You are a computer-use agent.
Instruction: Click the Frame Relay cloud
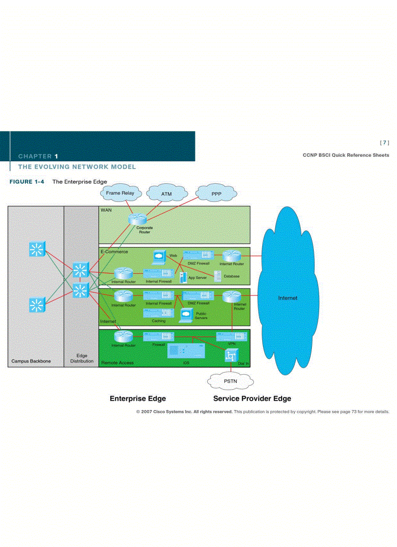120,193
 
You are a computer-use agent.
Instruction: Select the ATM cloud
166,194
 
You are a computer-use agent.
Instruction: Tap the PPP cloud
217,194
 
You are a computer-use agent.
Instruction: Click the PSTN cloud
231,381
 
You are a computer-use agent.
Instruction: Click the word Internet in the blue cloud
288,298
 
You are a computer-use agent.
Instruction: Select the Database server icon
217,276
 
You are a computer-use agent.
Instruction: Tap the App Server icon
183,278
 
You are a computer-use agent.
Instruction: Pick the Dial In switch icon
231,357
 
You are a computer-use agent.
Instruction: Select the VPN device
232,336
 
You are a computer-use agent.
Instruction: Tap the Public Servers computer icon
186,315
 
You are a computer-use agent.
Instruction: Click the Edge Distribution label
81,358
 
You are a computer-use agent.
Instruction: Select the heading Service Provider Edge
252,398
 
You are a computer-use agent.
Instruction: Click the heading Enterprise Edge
138,398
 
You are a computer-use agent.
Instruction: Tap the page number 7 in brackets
384,143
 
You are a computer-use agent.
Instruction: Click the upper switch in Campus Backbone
36,249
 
